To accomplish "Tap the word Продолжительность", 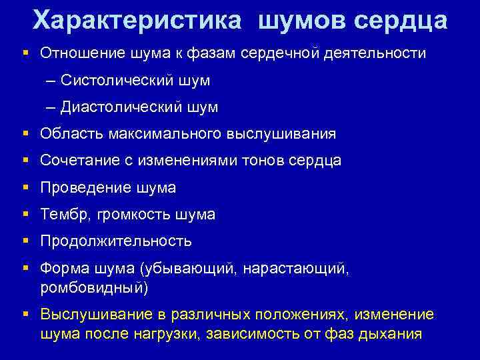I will (x=116, y=241).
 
